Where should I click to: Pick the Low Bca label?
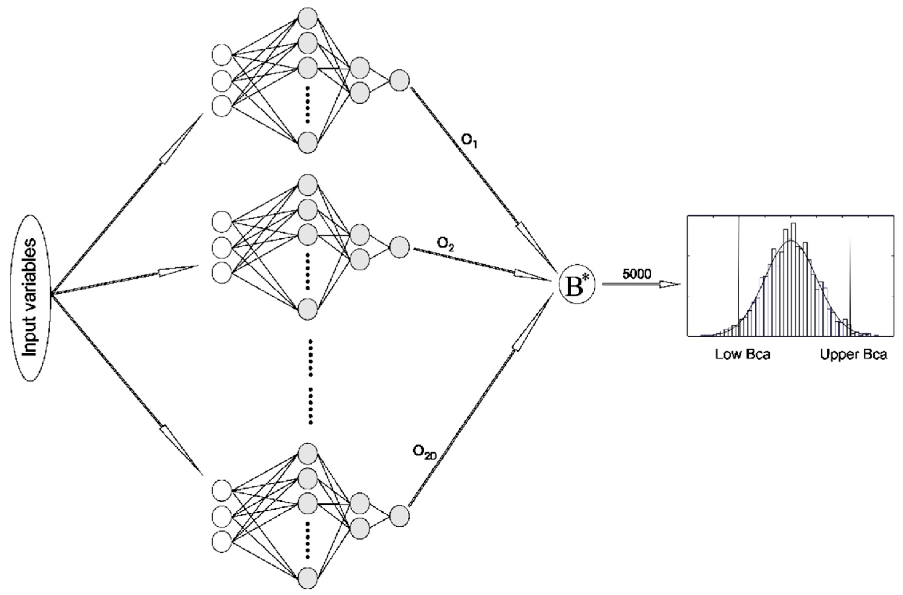coord(743,355)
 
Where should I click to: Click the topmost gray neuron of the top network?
coord(308,18)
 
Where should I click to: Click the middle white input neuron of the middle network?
coord(222,247)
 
